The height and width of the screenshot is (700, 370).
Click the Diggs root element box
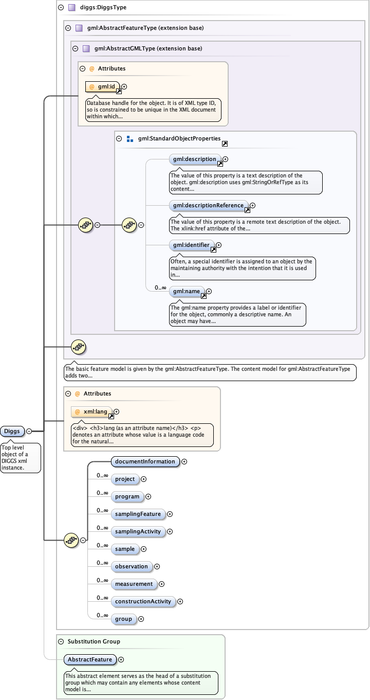click(12, 431)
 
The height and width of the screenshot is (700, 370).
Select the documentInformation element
click(145, 461)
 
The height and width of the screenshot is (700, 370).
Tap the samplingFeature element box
click(138, 514)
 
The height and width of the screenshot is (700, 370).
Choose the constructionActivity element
click(143, 601)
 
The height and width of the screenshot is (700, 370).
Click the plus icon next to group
click(141, 619)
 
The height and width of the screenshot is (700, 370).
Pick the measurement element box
click(134, 584)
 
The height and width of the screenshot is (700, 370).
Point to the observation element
click(132, 566)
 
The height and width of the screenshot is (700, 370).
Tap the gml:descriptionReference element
click(208, 206)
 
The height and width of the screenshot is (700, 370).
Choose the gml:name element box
click(187, 292)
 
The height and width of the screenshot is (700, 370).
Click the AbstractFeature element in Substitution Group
click(90, 659)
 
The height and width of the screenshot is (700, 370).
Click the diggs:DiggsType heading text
click(103, 8)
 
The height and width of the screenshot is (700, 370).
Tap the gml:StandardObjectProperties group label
click(179, 139)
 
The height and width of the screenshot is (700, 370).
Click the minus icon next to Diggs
click(29, 431)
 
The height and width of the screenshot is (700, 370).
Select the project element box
click(125, 479)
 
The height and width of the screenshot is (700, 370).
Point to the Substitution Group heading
click(94, 641)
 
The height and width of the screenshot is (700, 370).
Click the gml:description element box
click(195, 159)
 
